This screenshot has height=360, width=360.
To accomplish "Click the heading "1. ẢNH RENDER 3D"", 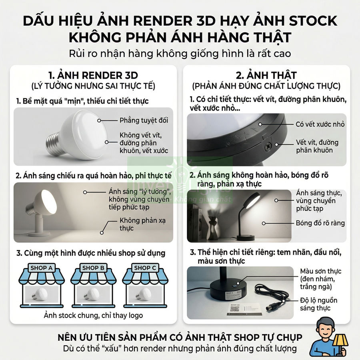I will point(93,75).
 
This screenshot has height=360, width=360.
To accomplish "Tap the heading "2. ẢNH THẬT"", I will point(266,75).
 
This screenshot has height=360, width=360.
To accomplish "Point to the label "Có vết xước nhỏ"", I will point(320,124).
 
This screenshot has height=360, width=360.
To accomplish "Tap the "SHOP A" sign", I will point(41,268).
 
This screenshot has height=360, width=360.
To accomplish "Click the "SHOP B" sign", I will point(93,268).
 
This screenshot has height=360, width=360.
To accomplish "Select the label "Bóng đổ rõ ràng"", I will point(320,223).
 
